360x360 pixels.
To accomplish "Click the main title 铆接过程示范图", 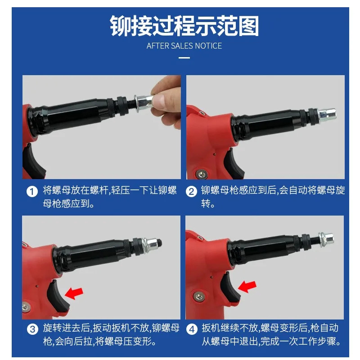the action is (184, 26).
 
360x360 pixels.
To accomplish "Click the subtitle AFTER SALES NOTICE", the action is (184, 46).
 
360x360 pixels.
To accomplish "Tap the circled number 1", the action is (32, 192).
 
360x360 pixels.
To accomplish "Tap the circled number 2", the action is (192, 192).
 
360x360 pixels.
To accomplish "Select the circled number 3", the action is (32, 329).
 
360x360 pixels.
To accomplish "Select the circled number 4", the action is (192, 329).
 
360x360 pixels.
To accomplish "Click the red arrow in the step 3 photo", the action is (74, 293).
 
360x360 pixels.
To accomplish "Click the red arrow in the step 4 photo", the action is (247, 287).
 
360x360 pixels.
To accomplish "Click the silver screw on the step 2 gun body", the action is (202, 173).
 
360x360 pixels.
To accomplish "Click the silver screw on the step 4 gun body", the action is (198, 296).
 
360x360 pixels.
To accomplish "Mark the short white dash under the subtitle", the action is (184, 58).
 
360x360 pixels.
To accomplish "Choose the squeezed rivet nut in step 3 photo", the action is (151, 244).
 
